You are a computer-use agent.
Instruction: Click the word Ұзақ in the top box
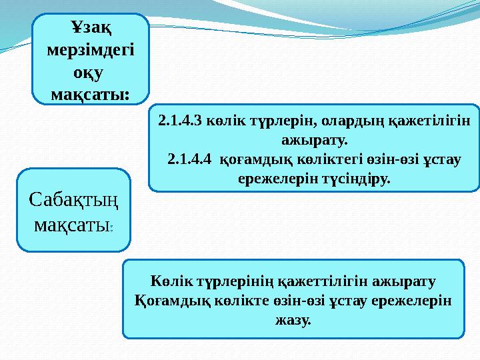[x=91, y=27]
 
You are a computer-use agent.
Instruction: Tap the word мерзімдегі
[x=91, y=49]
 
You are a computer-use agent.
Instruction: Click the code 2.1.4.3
[x=181, y=122]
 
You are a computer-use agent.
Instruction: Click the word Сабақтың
[x=74, y=199]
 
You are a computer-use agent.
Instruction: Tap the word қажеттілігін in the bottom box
[x=322, y=281]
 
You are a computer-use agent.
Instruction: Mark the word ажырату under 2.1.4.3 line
[x=314, y=141]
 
